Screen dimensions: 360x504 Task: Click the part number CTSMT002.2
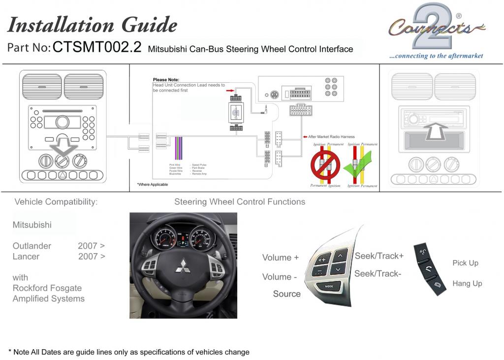[96, 47]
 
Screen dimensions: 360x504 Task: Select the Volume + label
[280, 258]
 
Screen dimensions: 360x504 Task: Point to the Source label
[286, 294]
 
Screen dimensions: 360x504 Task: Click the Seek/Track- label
[378, 274]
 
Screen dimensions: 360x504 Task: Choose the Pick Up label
[465, 263]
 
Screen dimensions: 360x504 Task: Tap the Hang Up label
[467, 284]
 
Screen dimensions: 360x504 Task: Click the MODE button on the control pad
[328, 286]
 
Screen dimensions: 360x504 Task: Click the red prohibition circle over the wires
[325, 164]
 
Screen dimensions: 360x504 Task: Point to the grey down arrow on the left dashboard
[63, 146]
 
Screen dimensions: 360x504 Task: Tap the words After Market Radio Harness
[331, 137]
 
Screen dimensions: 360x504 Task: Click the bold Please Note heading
[166, 80]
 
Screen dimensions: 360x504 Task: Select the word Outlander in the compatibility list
[32, 246]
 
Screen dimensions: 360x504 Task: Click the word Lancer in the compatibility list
[26, 257]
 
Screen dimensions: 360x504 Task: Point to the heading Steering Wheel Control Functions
[239, 202]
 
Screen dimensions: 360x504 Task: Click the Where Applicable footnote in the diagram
[153, 185]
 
